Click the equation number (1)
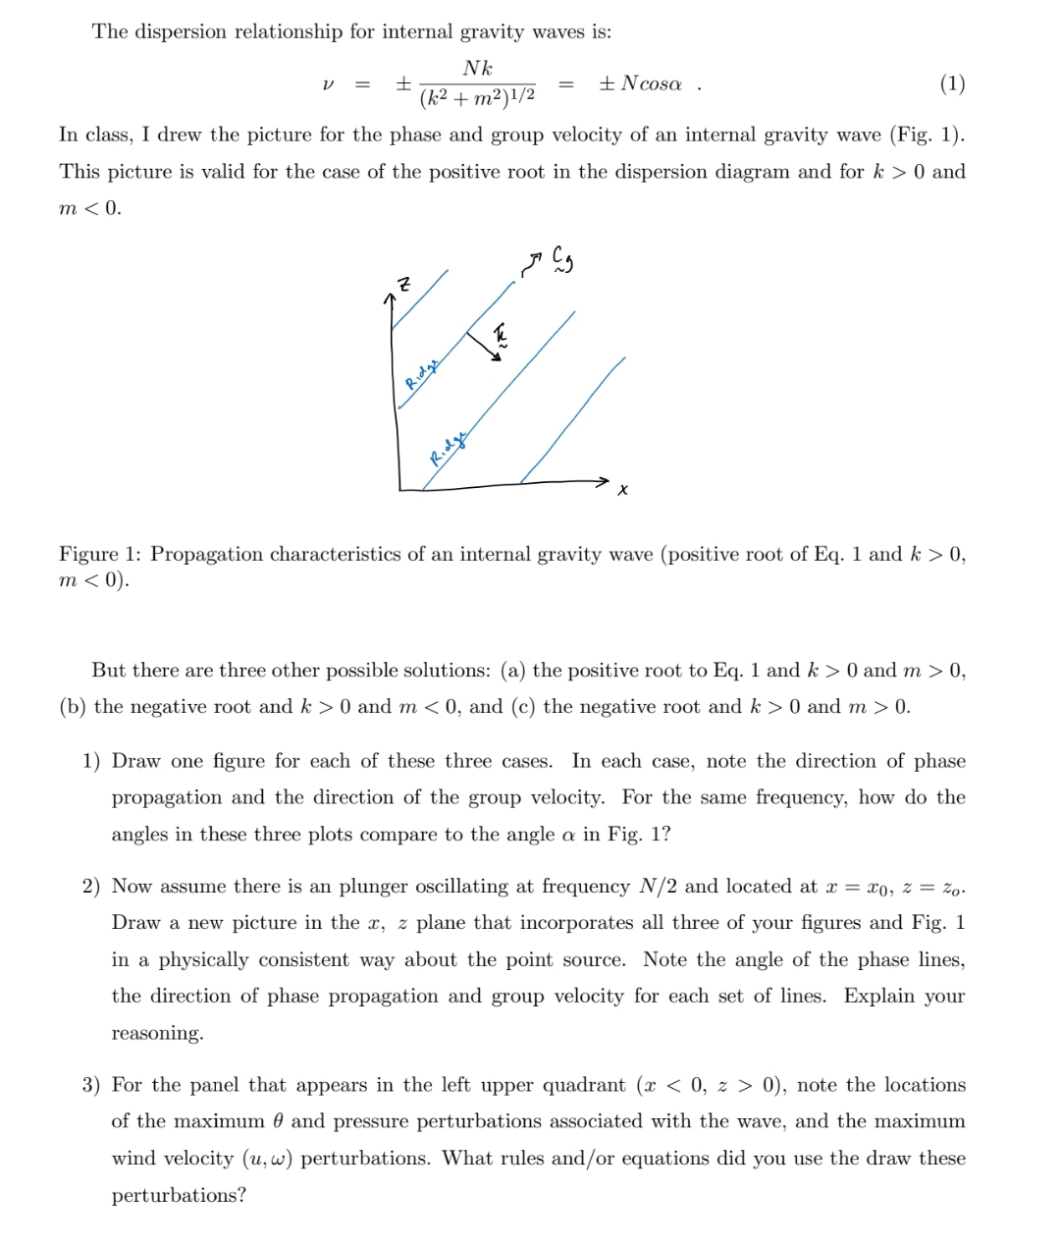[x=951, y=83]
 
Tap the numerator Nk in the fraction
[x=477, y=68]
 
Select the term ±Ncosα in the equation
[x=639, y=84]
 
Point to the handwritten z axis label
[x=401, y=285]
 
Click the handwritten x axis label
[x=622, y=489]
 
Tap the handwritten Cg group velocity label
[x=561, y=258]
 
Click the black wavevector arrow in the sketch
[x=484, y=346]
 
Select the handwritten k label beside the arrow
[x=501, y=335]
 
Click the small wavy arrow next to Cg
[x=532, y=263]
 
